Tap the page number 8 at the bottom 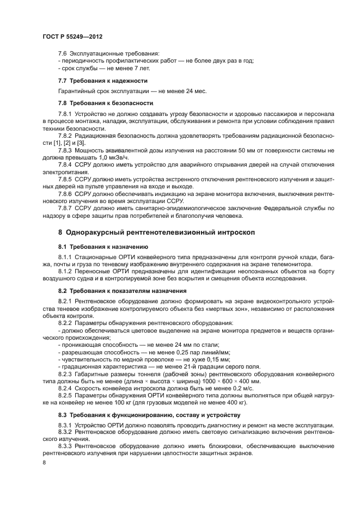44,462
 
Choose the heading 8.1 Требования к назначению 99,246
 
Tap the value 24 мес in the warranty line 197,90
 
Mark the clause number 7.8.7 67,208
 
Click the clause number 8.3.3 67,446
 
